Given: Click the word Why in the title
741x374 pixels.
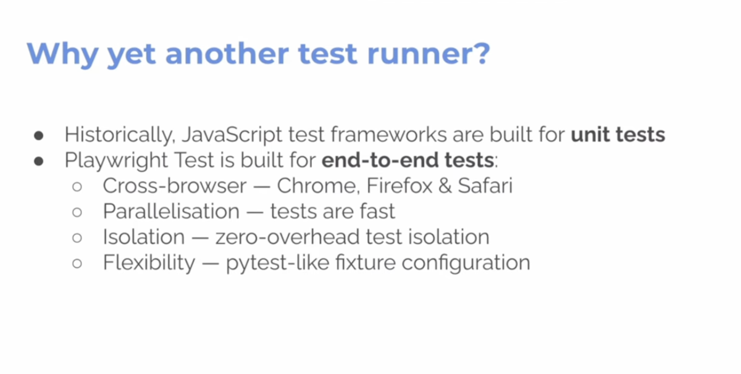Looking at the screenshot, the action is [62, 54].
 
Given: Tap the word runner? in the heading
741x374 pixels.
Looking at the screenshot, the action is [429, 54].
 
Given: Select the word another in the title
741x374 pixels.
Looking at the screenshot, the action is [227, 53].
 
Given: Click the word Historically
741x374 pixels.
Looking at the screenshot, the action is [120, 135].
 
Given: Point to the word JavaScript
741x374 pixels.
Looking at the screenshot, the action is [232, 135].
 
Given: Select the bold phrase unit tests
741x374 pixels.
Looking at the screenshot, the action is [618, 135].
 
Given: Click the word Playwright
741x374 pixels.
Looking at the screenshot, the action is [117, 160].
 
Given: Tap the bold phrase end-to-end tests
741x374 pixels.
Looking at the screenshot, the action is [408, 160].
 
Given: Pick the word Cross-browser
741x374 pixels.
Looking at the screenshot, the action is [175, 186].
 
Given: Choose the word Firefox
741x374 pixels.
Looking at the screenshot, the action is [400, 186].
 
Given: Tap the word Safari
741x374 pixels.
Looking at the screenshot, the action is [485, 186].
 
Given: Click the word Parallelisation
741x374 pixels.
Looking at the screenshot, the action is [172, 211].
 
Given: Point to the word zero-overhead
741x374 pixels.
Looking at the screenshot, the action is [288, 237].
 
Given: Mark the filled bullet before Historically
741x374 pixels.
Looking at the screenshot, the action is [39, 136].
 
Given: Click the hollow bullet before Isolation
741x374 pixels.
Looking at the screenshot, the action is [77, 238].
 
